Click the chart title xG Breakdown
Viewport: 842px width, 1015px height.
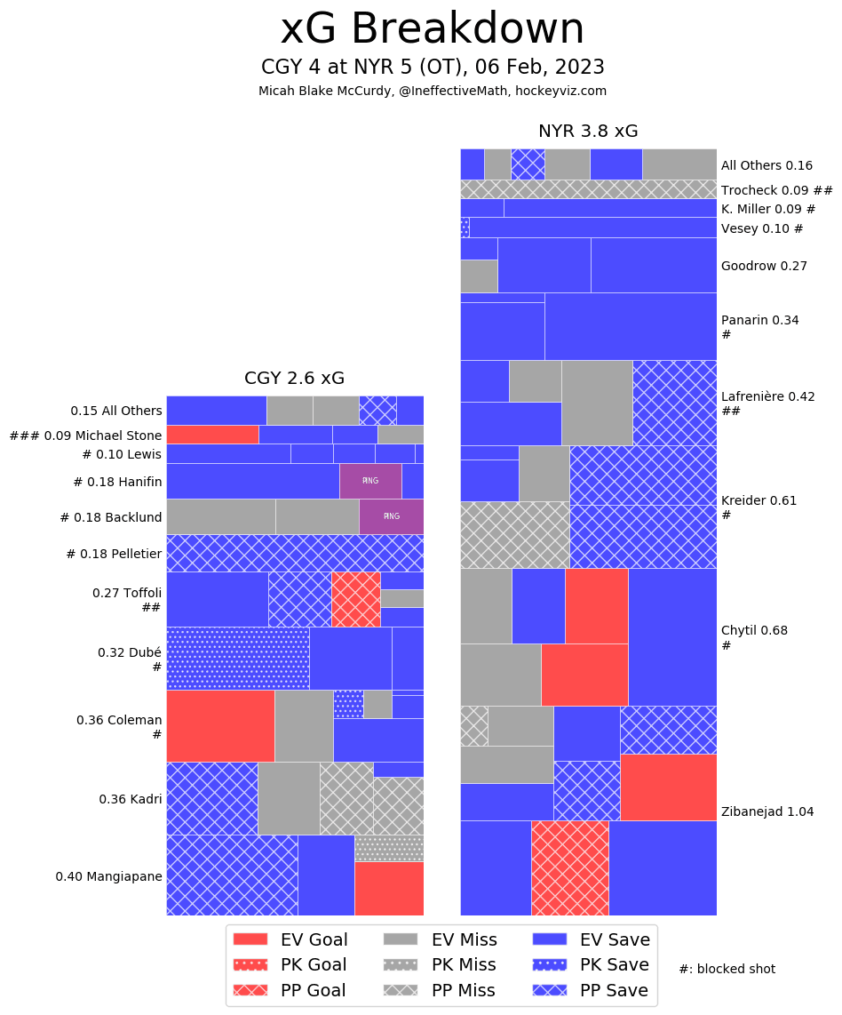click(433, 30)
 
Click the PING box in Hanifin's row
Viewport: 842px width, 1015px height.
click(370, 481)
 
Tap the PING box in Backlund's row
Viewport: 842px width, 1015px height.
click(391, 516)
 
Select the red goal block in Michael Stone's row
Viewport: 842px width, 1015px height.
click(212, 434)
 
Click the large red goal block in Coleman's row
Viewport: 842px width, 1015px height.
click(220, 726)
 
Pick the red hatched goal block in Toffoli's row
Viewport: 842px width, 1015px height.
click(356, 599)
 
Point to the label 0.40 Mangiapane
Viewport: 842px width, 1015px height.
click(108, 876)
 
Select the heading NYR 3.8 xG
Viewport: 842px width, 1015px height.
click(588, 132)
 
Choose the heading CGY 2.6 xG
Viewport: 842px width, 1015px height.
click(294, 379)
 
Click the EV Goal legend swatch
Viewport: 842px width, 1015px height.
click(250, 939)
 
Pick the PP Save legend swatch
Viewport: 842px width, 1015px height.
click(550, 990)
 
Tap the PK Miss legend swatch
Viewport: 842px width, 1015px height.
click(400, 965)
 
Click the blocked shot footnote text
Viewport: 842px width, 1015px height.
click(727, 969)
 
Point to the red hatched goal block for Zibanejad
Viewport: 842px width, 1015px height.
click(570, 867)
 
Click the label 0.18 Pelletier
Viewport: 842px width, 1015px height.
click(114, 554)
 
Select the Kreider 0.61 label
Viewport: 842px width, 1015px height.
click(759, 500)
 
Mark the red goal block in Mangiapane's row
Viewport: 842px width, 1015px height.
click(389, 888)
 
